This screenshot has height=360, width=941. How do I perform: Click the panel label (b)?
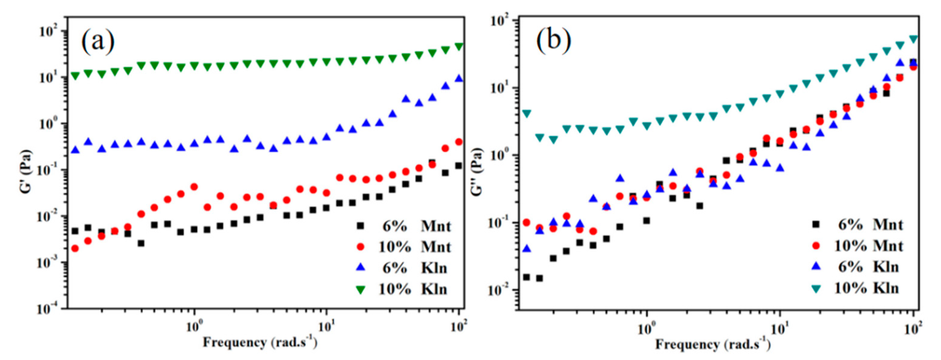coord(553,41)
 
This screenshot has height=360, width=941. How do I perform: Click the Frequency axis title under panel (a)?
coord(260,343)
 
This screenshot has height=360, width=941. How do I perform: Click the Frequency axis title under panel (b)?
coord(713,344)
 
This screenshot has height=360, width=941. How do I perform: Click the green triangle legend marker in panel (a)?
coord(361,290)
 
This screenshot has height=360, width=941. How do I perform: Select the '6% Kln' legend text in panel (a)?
coord(415,268)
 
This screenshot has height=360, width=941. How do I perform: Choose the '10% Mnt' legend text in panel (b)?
coord(869,246)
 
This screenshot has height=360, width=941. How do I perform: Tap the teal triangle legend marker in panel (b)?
coord(816,289)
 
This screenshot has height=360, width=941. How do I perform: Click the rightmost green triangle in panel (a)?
coord(459,46)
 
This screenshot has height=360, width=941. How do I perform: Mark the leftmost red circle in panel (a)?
coord(75,249)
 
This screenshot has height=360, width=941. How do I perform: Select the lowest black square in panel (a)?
coord(141,243)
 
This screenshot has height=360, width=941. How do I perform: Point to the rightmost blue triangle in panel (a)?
coord(459,78)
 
